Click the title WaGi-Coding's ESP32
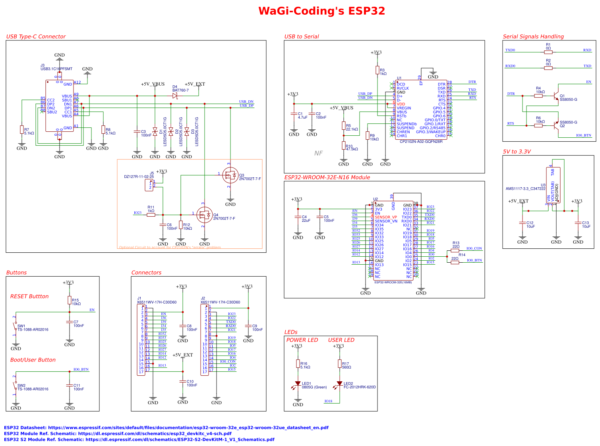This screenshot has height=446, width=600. click(x=321, y=11)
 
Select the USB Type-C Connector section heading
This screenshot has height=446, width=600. click(x=36, y=37)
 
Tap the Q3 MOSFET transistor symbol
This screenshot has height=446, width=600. click(x=230, y=175)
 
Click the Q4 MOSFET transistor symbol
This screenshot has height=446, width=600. click(x=204, y=215)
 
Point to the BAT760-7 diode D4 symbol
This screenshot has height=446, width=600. click(x=175, y=96)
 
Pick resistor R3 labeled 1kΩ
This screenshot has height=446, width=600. click(x=377, y=70)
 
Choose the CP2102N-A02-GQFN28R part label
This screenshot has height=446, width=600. click(x=421, y=142)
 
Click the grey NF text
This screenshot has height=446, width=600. click(x=318, y=153)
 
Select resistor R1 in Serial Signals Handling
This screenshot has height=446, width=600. click(x=548, y=52)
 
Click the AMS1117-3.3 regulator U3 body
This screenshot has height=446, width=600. click(x=553, y=185)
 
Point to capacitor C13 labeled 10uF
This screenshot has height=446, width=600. click(x=578, y=224)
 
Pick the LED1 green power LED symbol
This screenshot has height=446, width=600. click(x=298, y=384)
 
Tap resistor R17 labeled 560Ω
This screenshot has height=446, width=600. click(x=340, y=363)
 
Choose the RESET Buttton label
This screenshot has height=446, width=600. click(x=29, y=296)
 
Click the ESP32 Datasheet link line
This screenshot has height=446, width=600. click(x=166, y=428)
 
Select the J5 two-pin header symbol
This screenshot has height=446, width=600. click(x=149, y=185)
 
